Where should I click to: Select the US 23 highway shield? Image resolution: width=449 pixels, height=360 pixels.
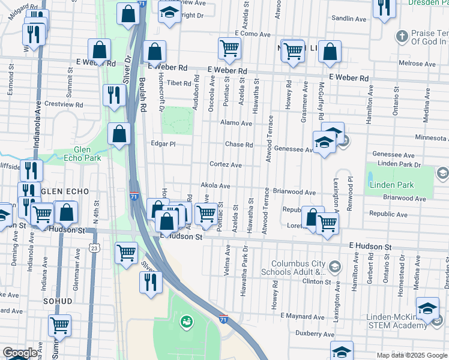[x=93, y=248]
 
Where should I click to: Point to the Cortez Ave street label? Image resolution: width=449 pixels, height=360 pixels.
[x=225, y=165]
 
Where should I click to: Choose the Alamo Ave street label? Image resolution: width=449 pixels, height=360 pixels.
[x=236, y=123]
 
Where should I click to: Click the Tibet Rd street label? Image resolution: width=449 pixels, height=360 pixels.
[x=178, y=83]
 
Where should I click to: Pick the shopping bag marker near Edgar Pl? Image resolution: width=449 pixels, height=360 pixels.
[x=119, y=134]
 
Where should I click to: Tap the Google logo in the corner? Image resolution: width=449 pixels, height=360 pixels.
[x=20, y=353]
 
